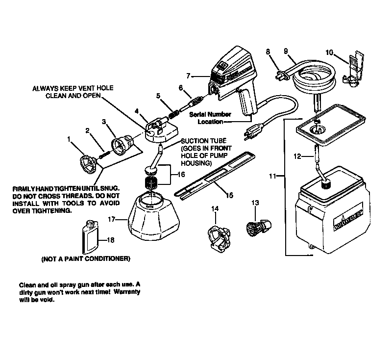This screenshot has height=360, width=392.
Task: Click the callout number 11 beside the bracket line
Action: (x=273, y=175)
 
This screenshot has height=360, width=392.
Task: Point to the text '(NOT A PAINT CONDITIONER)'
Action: (x=86, y=258)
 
